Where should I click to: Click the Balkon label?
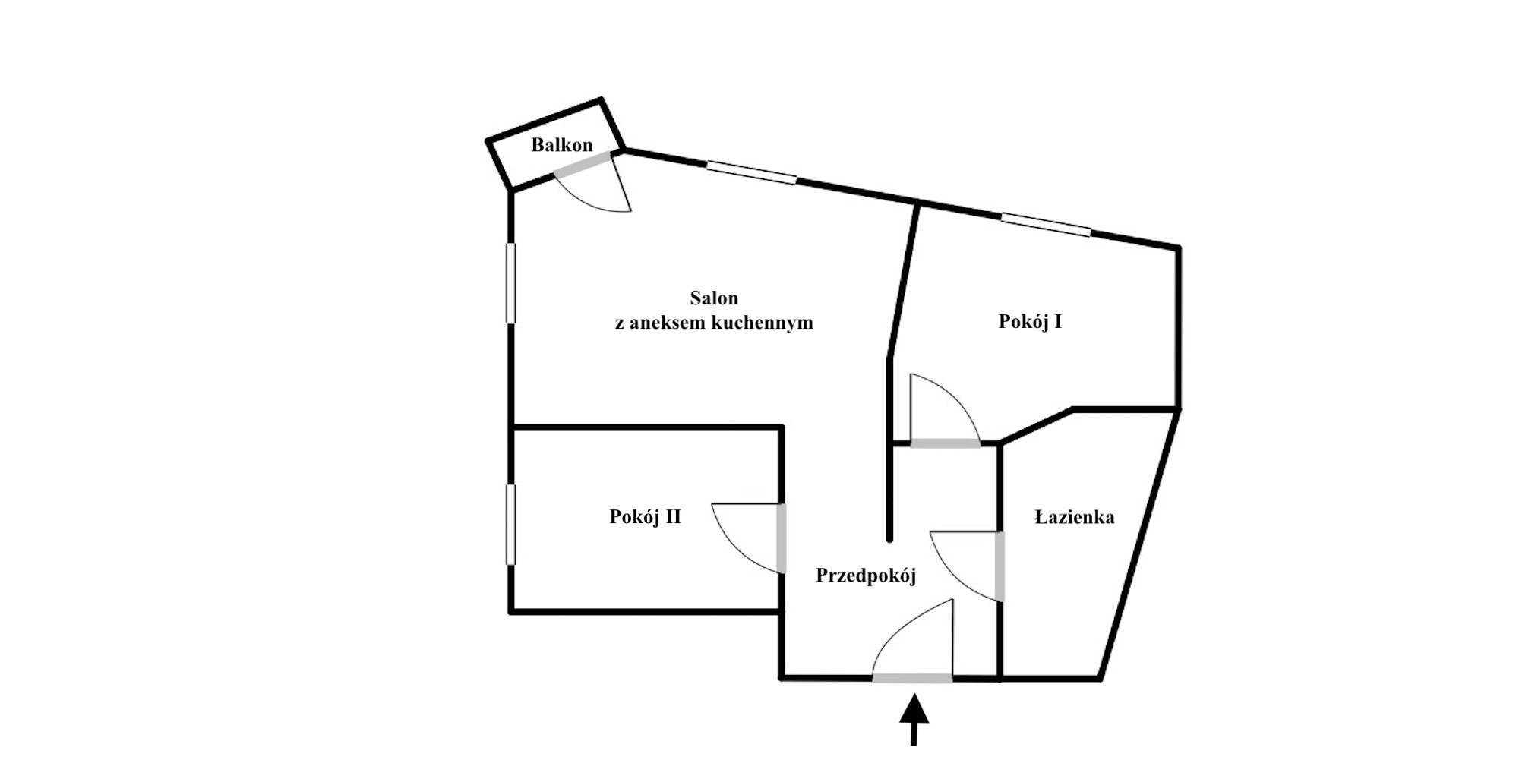(x=562, y=144)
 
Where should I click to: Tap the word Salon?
(x=714, y=298)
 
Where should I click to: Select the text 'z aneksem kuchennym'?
(x=714, y=323)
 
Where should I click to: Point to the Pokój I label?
(x=1030, y=321)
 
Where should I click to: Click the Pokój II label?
(x=645, y=517)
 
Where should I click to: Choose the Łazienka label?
(x=1075, y=517)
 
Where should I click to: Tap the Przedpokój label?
(x=866, y=576)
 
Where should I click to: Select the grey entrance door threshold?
(x=912, y=678)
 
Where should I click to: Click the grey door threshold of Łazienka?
(x=1000, y=566)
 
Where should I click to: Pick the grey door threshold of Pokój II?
(x=782, y=538)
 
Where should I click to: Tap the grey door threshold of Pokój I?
(x=946, y=443)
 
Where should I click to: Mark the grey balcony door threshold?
(x=583, y=164)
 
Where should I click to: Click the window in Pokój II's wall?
(x=510, y=525)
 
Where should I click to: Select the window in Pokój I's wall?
(x=1046, y=225)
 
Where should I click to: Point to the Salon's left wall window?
(x=510, y=283)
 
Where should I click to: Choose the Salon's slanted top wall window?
(x=751, y=172)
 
